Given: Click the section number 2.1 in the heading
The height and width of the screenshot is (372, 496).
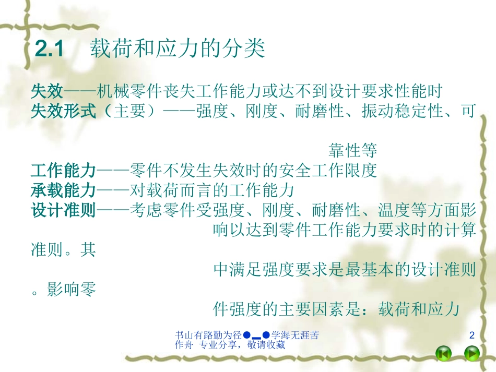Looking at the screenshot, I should pyautogui.click(x=49, y=50).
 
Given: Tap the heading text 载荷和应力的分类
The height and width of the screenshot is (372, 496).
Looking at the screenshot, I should pyautogui.click(x=178, y=50).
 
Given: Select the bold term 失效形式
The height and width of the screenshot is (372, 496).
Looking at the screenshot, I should pyautogui.click(x=64, y=112).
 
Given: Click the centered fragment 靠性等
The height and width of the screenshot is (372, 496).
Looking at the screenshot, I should pyautogui.click(x=352, y=151).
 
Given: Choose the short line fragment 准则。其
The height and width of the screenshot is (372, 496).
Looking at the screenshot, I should pyautogui.click(x=64, y=250).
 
